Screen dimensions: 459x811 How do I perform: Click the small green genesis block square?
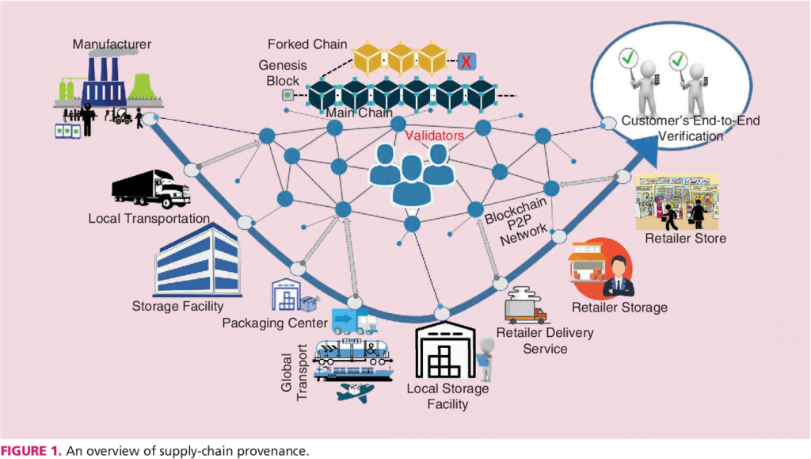pyautogui.click(x=288, y=96)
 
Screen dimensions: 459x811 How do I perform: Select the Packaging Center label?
pyautogui.click(x=274, y=323)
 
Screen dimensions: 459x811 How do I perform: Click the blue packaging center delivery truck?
pyautogui.click(x=354, y=319)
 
